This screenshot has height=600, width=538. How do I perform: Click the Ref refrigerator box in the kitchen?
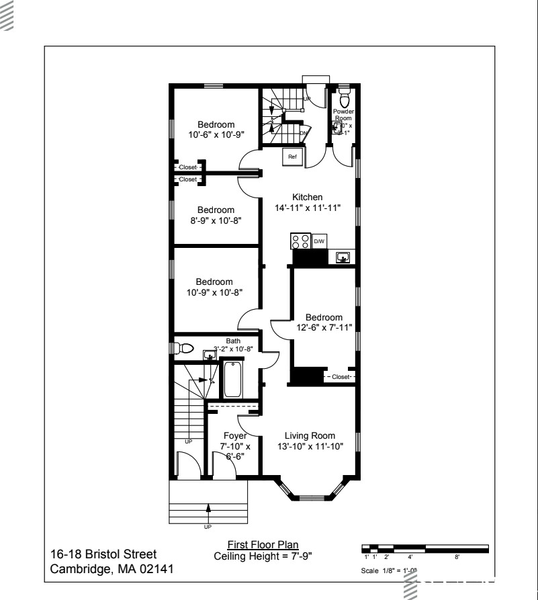click(x=292, y=157)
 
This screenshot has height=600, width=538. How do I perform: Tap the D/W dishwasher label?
click(x=320, y=241)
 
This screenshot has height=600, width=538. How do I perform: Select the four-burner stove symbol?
click(x=300, y=241)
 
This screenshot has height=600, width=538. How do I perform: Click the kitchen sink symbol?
click(x=343, y=256)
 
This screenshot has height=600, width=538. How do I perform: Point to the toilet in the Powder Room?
click(x=345, y=100)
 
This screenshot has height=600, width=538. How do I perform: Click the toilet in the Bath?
click(x=183, y=349)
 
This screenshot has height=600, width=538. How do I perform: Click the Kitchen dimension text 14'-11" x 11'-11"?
click(x=308, y=208)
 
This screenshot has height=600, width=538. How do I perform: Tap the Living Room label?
click(x=310, y=435)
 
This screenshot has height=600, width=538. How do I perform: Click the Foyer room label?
click(x=235, y=435)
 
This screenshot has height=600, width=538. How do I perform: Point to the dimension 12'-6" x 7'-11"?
click(x=324, y=327)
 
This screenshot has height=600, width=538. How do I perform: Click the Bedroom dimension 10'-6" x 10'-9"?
click(x=216, y=134)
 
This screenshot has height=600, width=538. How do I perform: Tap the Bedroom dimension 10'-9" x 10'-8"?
click(x=215, y=292)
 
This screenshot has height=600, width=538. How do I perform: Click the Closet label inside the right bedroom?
click(x=341, y=377)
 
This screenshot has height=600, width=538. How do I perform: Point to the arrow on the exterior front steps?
click(x=208, y=509)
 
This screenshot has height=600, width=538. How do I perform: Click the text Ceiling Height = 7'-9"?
click(x=263, y=556)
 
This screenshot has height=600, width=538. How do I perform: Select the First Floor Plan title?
click(x=263, y=544)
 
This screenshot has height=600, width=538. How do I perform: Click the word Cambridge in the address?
click(x=77, y=568)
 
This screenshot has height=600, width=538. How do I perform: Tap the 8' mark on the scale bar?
click(x=457, y=557)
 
